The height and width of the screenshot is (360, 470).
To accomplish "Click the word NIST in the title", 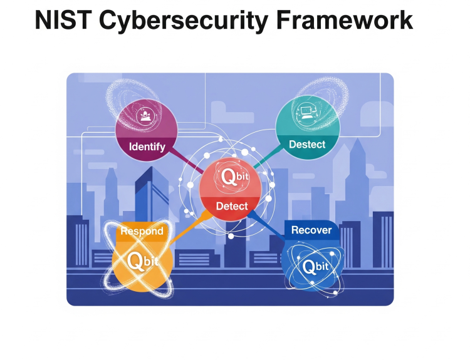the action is (x=63, y=20).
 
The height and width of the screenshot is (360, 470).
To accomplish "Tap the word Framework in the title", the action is (x=345, y=20).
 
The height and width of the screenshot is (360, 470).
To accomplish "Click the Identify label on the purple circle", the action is (x=147, y=147).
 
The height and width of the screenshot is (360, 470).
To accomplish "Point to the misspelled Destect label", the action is (x=307, y=145).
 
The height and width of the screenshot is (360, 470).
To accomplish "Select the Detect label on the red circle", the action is (x=232, y=206).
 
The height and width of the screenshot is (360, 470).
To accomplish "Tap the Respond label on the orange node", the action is (x=142, y=231).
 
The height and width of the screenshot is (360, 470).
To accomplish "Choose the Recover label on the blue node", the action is (x=311, y=230).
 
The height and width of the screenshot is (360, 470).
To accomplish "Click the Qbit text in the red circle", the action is (x=235, y=177).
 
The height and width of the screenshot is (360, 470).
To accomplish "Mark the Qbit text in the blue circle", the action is (x=315, y=266).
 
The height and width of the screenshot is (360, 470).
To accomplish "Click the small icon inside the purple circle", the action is (x=145, y=115).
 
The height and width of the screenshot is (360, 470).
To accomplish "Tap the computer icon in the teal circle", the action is (x=306, y=113).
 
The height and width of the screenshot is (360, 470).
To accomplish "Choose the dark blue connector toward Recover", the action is (x=268, y=225).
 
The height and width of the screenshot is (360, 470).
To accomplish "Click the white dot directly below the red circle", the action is (x=231, y=236).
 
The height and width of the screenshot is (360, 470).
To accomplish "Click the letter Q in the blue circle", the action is (x=308, y=267).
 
